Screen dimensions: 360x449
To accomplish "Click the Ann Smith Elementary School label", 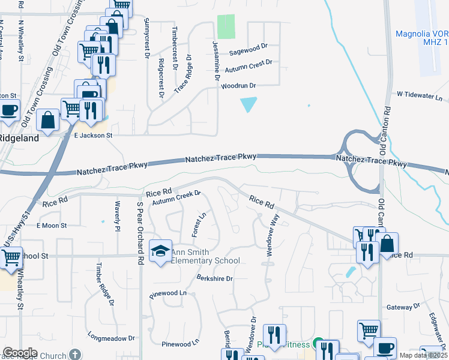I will point(206,256).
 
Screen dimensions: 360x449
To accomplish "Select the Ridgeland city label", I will point(19,137).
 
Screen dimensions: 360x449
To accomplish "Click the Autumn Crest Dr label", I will point(248,66).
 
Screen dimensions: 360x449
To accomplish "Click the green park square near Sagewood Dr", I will point(226,26).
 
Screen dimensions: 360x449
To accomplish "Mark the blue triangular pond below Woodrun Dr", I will point(249,104).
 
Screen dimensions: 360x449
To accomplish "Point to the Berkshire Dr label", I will point(214,278).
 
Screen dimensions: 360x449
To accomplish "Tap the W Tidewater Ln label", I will point(419,95).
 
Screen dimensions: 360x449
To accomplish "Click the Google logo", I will point(20,353).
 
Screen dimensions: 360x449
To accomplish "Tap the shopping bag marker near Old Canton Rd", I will point(387,244).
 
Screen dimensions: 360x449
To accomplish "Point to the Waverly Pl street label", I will point(118,213).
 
